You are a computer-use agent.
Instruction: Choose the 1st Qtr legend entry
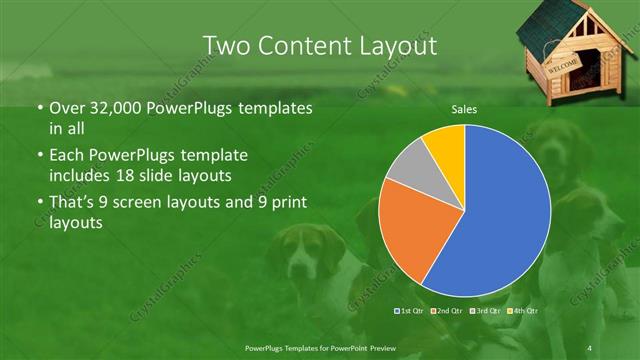click(409, 311)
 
